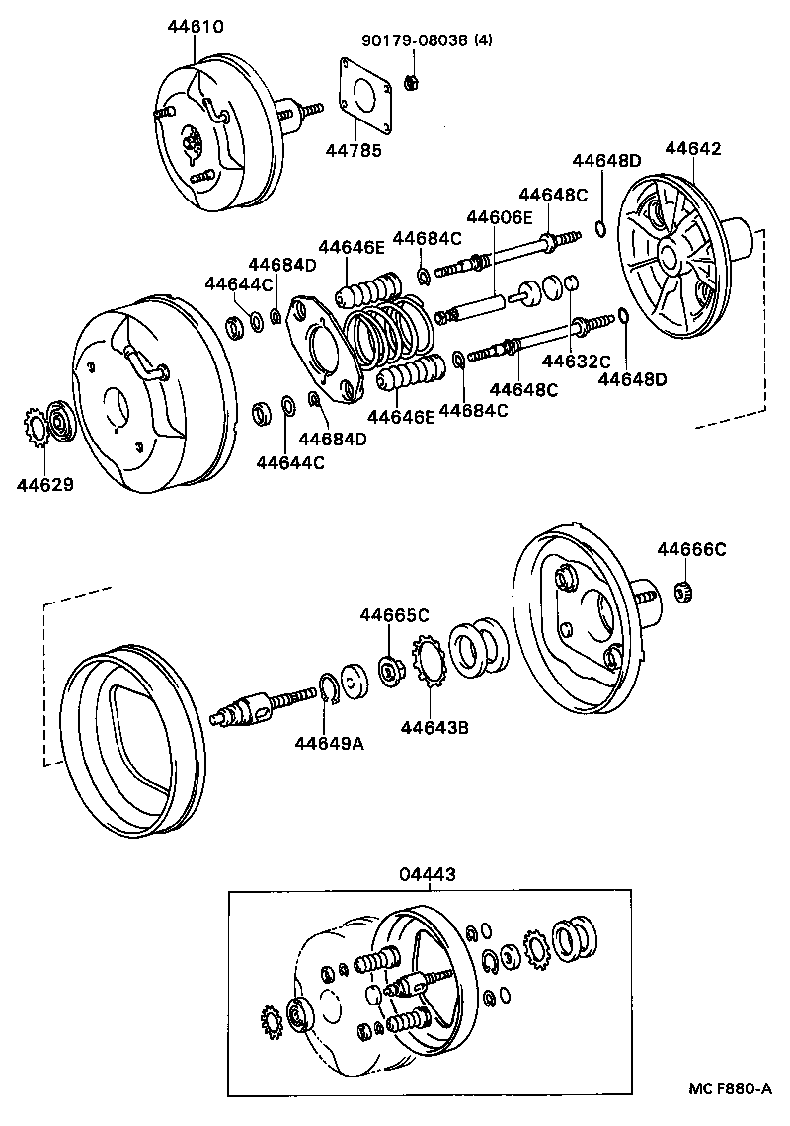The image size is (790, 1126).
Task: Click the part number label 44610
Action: point(195,28)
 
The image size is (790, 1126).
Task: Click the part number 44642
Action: point(693,149)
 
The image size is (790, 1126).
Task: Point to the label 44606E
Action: point(500,217)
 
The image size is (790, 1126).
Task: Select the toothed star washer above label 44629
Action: point(35,431)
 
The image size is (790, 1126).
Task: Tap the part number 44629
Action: point(44,484)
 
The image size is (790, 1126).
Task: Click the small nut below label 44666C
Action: point(679,592)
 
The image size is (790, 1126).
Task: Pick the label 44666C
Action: point(691,549)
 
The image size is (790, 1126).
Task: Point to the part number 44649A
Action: point(329,743)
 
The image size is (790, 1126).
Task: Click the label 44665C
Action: point(394,614)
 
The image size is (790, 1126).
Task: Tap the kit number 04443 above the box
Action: point(429,874)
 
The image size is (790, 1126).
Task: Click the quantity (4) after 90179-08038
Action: point(483,40)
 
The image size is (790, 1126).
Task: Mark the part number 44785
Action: point(354,150)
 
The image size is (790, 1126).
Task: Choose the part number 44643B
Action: point(434,728)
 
